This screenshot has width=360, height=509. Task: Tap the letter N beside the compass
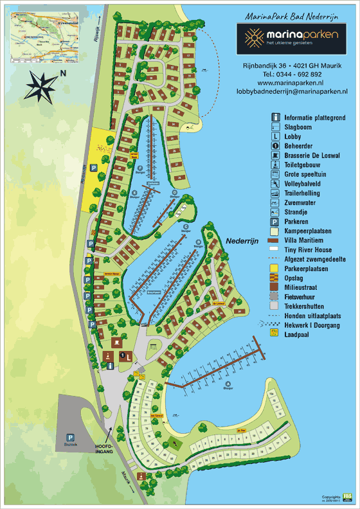[62, 74]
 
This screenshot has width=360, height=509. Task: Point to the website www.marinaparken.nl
[290, 83]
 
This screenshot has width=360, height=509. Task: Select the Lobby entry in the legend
[293, 136]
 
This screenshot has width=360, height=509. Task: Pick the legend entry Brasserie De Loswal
[312, 155]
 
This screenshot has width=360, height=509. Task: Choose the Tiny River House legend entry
[307, 249]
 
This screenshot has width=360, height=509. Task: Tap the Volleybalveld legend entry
[303, 183]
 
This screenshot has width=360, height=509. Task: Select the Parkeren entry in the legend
[298, 220]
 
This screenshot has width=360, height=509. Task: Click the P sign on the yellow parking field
[93, 166]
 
